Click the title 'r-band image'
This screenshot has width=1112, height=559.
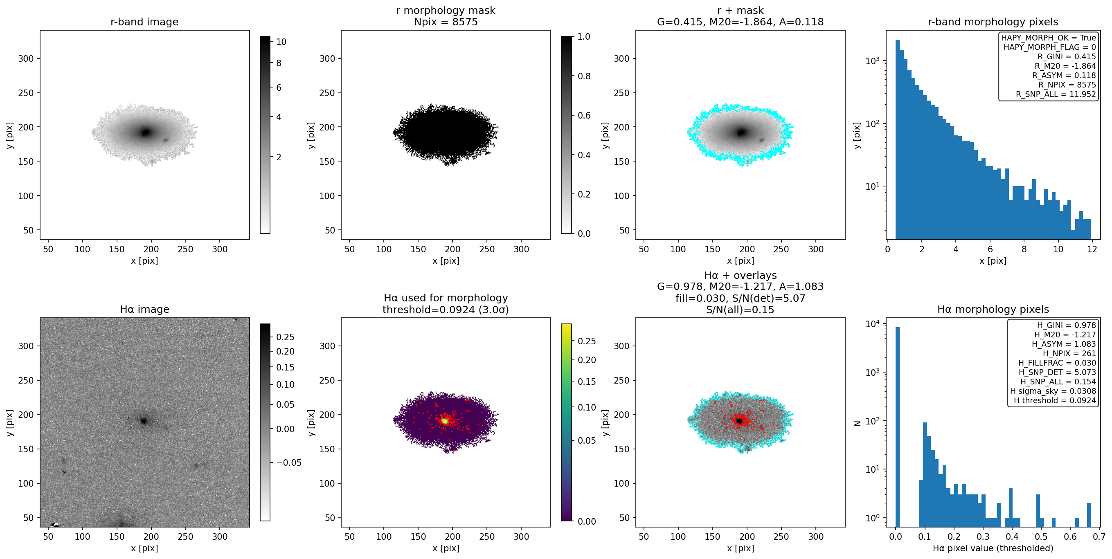(x=144, y=22)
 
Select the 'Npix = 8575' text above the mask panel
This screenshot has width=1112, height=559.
(x=446, y=22)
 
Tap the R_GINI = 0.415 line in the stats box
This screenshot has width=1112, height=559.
(x=1067, y=56)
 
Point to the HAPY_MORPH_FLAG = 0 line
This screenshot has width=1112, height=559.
(x=1049, y=47)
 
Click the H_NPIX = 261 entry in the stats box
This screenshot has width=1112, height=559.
(x=1069, y=353)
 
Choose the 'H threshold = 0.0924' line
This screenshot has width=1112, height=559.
(x=1055, y=400)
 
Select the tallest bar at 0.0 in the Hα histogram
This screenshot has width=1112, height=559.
(x=898, y=427)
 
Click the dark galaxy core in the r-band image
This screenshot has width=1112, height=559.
(x=146, y=132)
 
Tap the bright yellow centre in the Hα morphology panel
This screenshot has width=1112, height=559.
(x=445, y=420)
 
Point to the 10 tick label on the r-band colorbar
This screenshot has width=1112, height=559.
(x=281, y=42)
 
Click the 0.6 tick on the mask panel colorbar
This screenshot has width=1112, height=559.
(x=584, y=115)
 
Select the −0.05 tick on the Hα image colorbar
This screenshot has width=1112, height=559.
(x=289, y=463)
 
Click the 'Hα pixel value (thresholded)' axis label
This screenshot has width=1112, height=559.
(x=993, y=548)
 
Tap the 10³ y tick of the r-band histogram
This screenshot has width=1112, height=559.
(x=872, y=61)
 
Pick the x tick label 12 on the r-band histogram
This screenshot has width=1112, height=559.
(x=1092, y=249)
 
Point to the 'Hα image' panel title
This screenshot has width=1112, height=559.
(x=144, y=309)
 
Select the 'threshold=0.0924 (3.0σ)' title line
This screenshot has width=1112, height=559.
(x=446, y=310)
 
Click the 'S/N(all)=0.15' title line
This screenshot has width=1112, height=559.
(x=740, y=310)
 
